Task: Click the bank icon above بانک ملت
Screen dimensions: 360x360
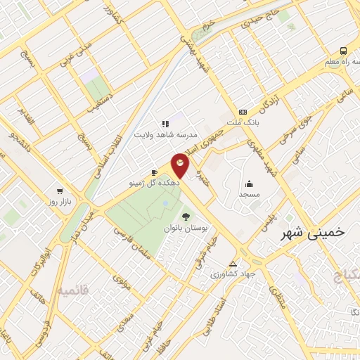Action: pos(243,112)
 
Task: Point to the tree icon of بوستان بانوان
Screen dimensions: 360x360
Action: pos(186,217)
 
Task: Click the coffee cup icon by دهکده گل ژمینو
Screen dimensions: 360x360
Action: pos(155,172)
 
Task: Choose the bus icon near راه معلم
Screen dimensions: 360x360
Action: pos(343,51)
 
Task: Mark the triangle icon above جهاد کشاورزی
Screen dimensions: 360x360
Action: pos(233,264)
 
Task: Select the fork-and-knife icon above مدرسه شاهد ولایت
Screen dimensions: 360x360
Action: pos(165,124)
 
